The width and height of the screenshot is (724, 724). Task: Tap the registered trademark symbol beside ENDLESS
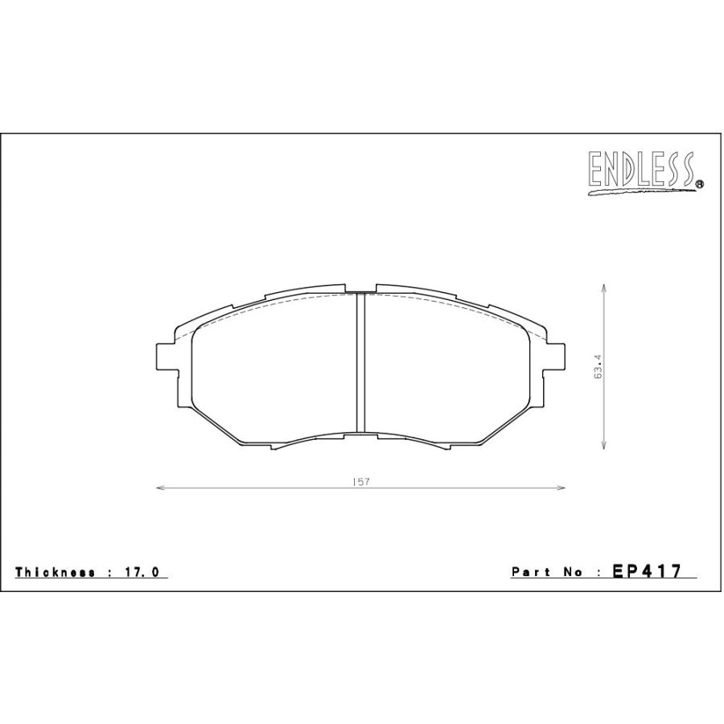[699, 184]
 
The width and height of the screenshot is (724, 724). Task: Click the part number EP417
[648, 571]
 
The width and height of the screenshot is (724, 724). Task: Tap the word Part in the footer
[529, 572]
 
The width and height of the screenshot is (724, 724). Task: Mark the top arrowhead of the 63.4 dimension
[603, 287]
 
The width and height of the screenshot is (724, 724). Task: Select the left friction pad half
[274, 366]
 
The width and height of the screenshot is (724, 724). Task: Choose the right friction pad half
[446, 366]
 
